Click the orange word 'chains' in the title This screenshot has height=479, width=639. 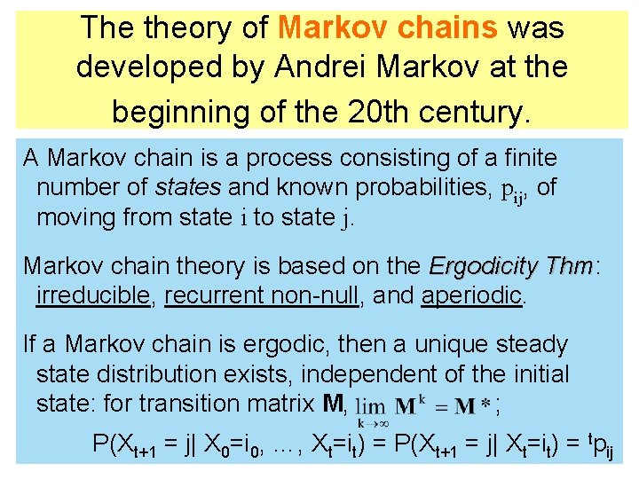449,27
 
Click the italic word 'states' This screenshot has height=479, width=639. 188,188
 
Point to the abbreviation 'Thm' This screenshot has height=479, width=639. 569,265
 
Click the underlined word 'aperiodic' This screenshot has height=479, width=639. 472,295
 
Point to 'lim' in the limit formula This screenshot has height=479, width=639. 371,406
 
